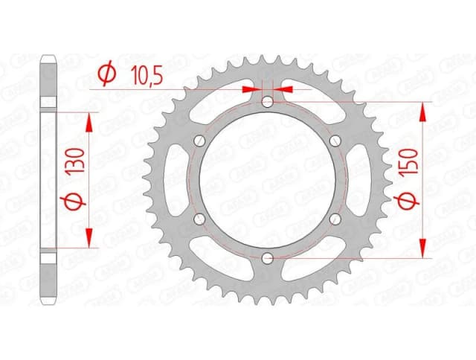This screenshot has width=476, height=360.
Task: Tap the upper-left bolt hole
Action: click(x=199, y=141)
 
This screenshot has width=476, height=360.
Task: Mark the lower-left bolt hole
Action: click(x=199, y=219)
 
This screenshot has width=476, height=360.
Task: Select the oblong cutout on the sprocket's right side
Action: click(x=356, y=179)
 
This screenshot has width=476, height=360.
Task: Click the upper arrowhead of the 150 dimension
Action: click(x=424, y=111)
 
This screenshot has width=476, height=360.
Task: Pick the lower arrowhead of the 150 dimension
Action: click(x=424, y=248)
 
